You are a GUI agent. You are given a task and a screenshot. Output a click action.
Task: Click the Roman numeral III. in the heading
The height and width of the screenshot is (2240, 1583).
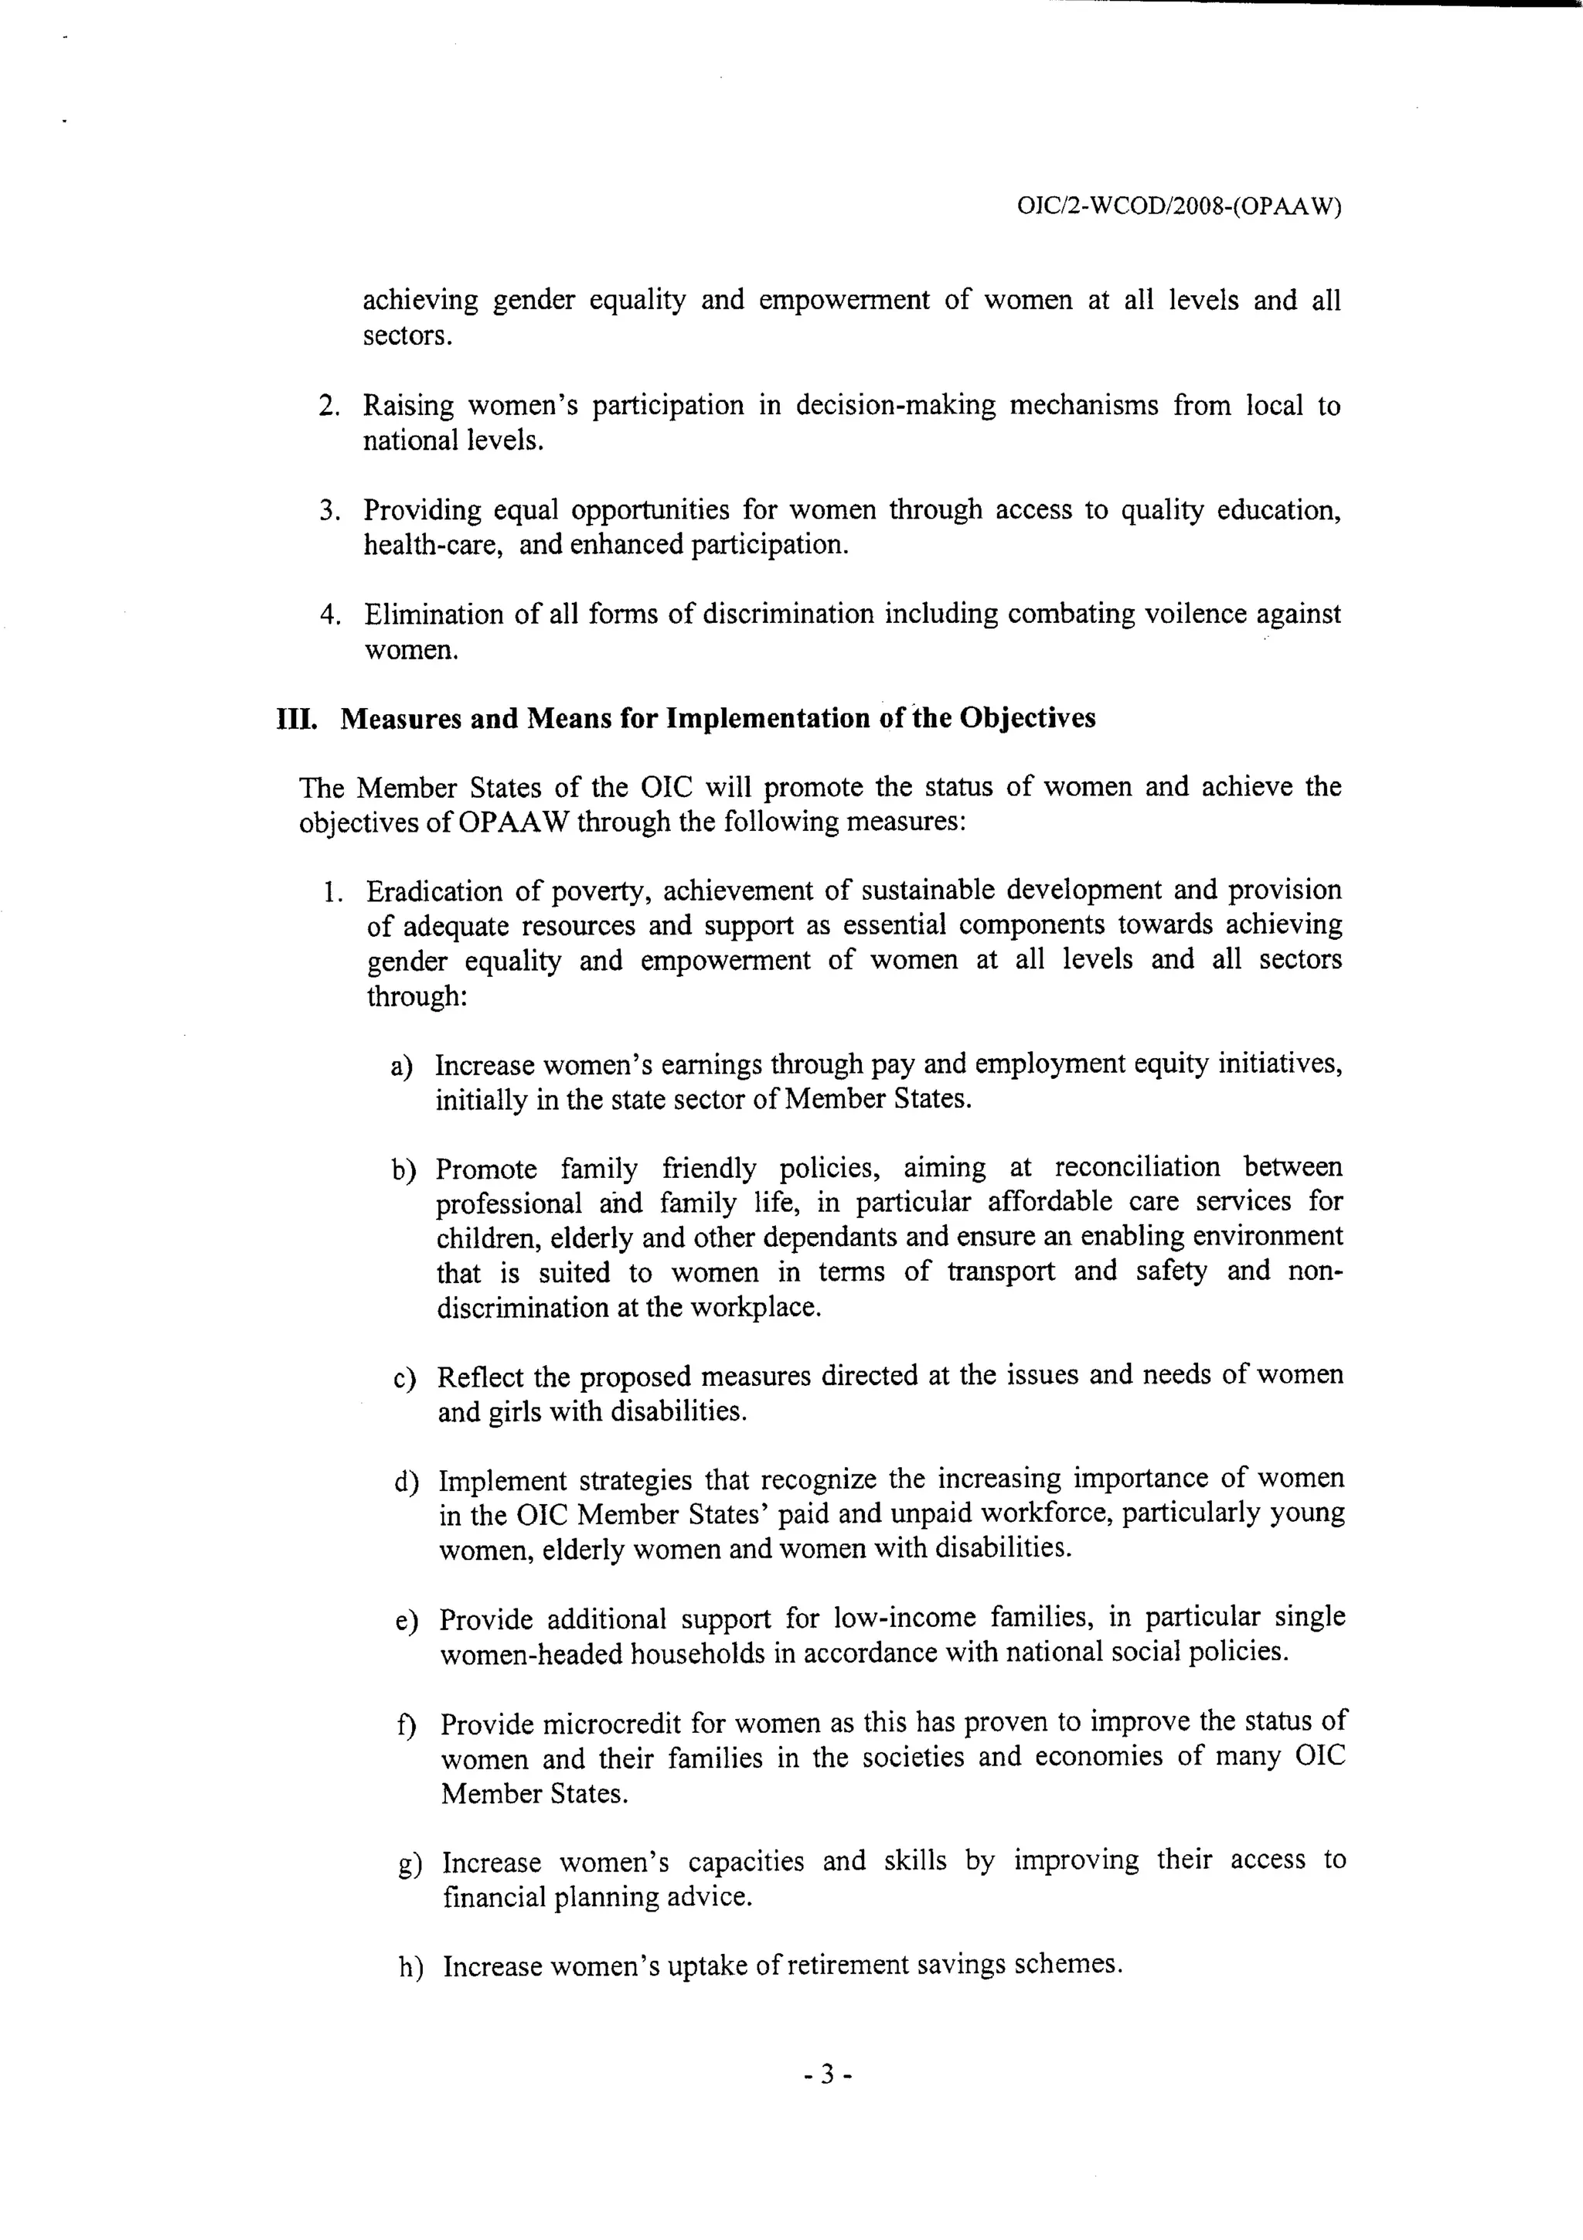pyautogui.click(x=298, y=719)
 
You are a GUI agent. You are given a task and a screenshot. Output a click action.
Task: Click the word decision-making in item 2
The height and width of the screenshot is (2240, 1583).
pyautogui.click(x=895, y=405)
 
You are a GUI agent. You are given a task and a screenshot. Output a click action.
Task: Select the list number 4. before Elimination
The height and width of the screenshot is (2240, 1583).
pyautogui.click(x=330, y=614)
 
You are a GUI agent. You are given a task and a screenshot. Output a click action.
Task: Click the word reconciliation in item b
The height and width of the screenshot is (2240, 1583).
pyautogui.click(x=1136, y=1167)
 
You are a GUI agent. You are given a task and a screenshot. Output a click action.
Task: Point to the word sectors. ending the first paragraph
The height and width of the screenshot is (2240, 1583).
pyautogui.click(x=407, y=335)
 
